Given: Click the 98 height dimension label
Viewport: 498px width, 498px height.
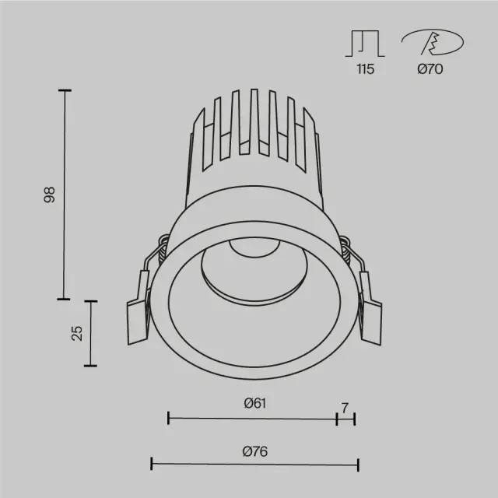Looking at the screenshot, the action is [x=50, y=195].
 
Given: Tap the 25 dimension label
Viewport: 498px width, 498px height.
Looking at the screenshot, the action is [x=77, y=333].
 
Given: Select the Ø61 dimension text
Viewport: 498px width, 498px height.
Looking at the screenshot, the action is [x=255, y=403].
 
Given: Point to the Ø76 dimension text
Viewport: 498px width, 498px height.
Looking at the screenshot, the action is [x=255, y=451].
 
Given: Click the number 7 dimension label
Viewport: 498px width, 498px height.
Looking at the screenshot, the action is [x=345, y=408].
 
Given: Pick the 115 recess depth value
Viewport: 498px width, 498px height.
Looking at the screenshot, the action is [x=365, y=69].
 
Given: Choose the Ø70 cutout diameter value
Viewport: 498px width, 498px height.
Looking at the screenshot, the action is [x=430, y=69].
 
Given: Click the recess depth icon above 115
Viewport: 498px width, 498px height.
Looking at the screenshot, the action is [x=365, y=44].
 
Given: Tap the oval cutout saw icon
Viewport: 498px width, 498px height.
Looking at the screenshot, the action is [x=433, y=42].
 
